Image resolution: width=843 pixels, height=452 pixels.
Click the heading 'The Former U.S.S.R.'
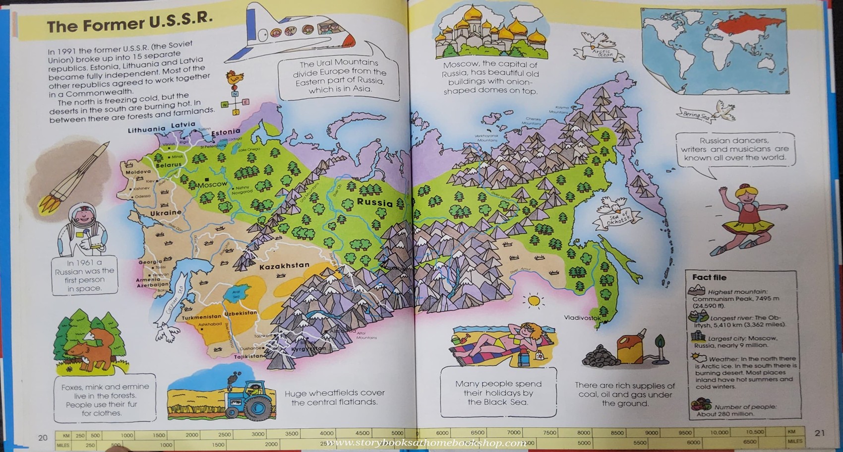(130, 23)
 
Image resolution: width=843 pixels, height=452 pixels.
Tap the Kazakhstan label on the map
(284, 266)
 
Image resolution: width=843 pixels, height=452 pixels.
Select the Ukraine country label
(166, 213)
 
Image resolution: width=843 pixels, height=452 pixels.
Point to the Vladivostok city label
(582, 318)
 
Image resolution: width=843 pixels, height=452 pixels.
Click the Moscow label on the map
(212, 185)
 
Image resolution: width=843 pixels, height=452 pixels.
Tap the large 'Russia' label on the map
(374, 202)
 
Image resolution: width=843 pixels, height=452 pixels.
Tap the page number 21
(820, 433)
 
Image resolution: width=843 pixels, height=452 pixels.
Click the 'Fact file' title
(709, 278)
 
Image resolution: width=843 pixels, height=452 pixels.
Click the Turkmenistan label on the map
(201, 317)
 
